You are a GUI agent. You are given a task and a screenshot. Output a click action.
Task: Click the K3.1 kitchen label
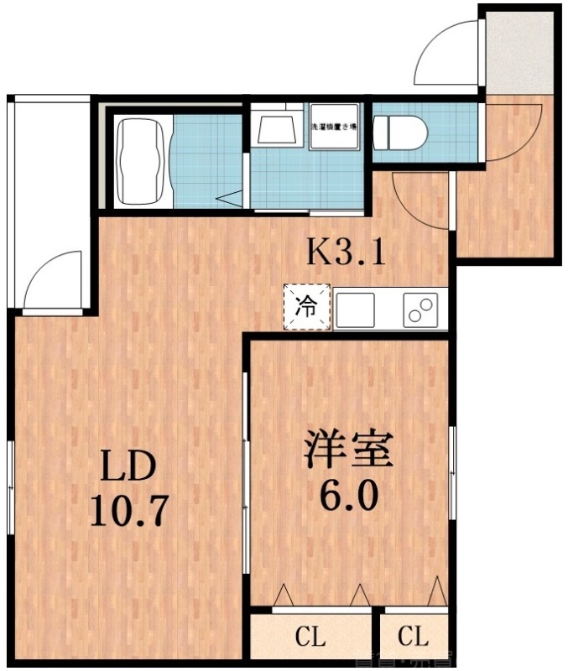(x=346, y=251)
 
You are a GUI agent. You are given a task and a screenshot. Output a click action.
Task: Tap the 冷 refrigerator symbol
(x=307, y=308)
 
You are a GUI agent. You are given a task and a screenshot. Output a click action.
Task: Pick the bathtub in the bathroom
(x=142, y=160)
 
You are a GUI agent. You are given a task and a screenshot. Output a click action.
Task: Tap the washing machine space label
(x=334, y=128)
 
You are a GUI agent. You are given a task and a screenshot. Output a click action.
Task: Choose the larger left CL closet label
(x=310, y=637)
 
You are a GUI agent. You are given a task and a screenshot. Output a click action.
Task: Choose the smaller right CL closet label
(x=413, y=637)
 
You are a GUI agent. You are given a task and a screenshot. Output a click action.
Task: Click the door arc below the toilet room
(x=419, y=201)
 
